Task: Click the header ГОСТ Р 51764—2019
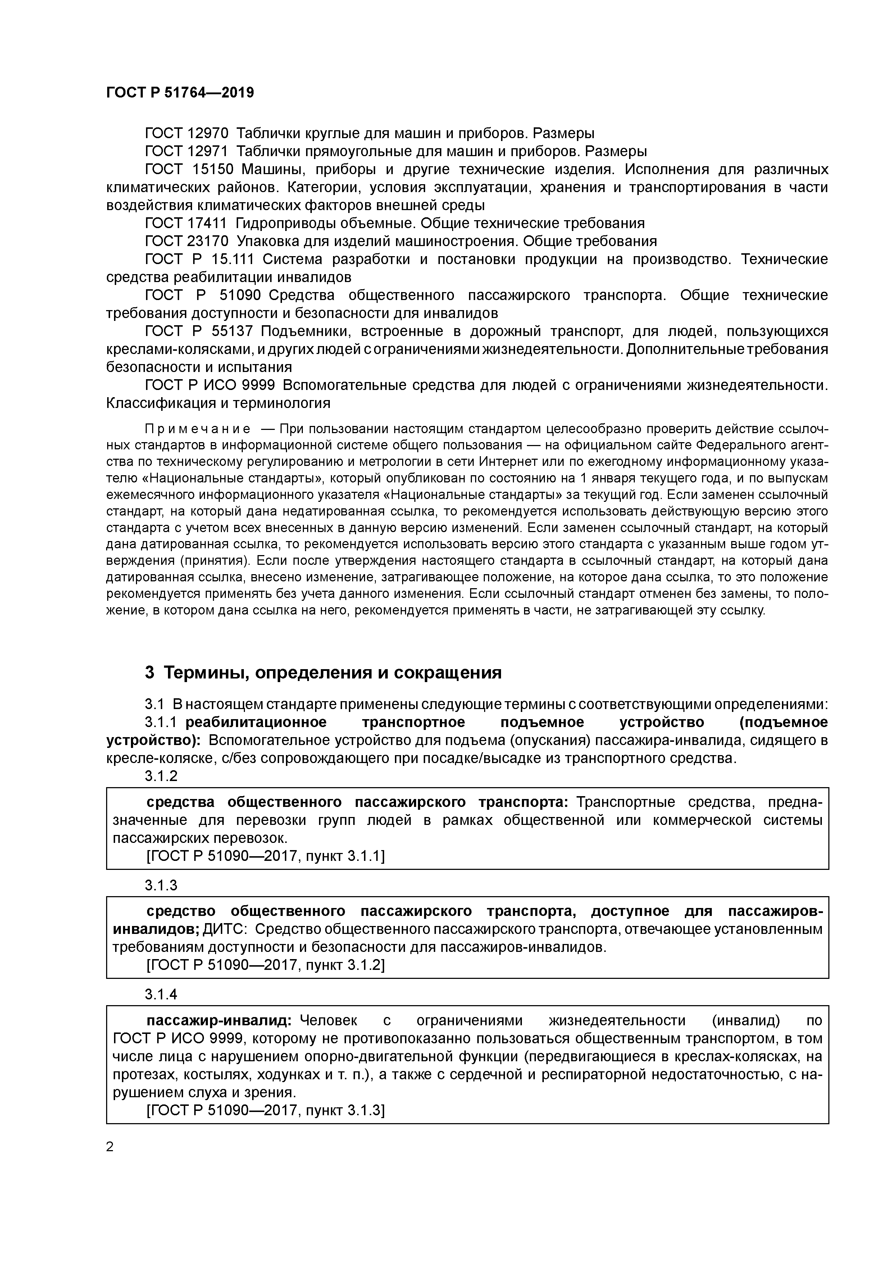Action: point(180,93)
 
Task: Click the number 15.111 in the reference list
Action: point(230,259)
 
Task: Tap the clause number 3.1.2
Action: point(161,776)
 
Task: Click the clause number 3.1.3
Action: point(161,885)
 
